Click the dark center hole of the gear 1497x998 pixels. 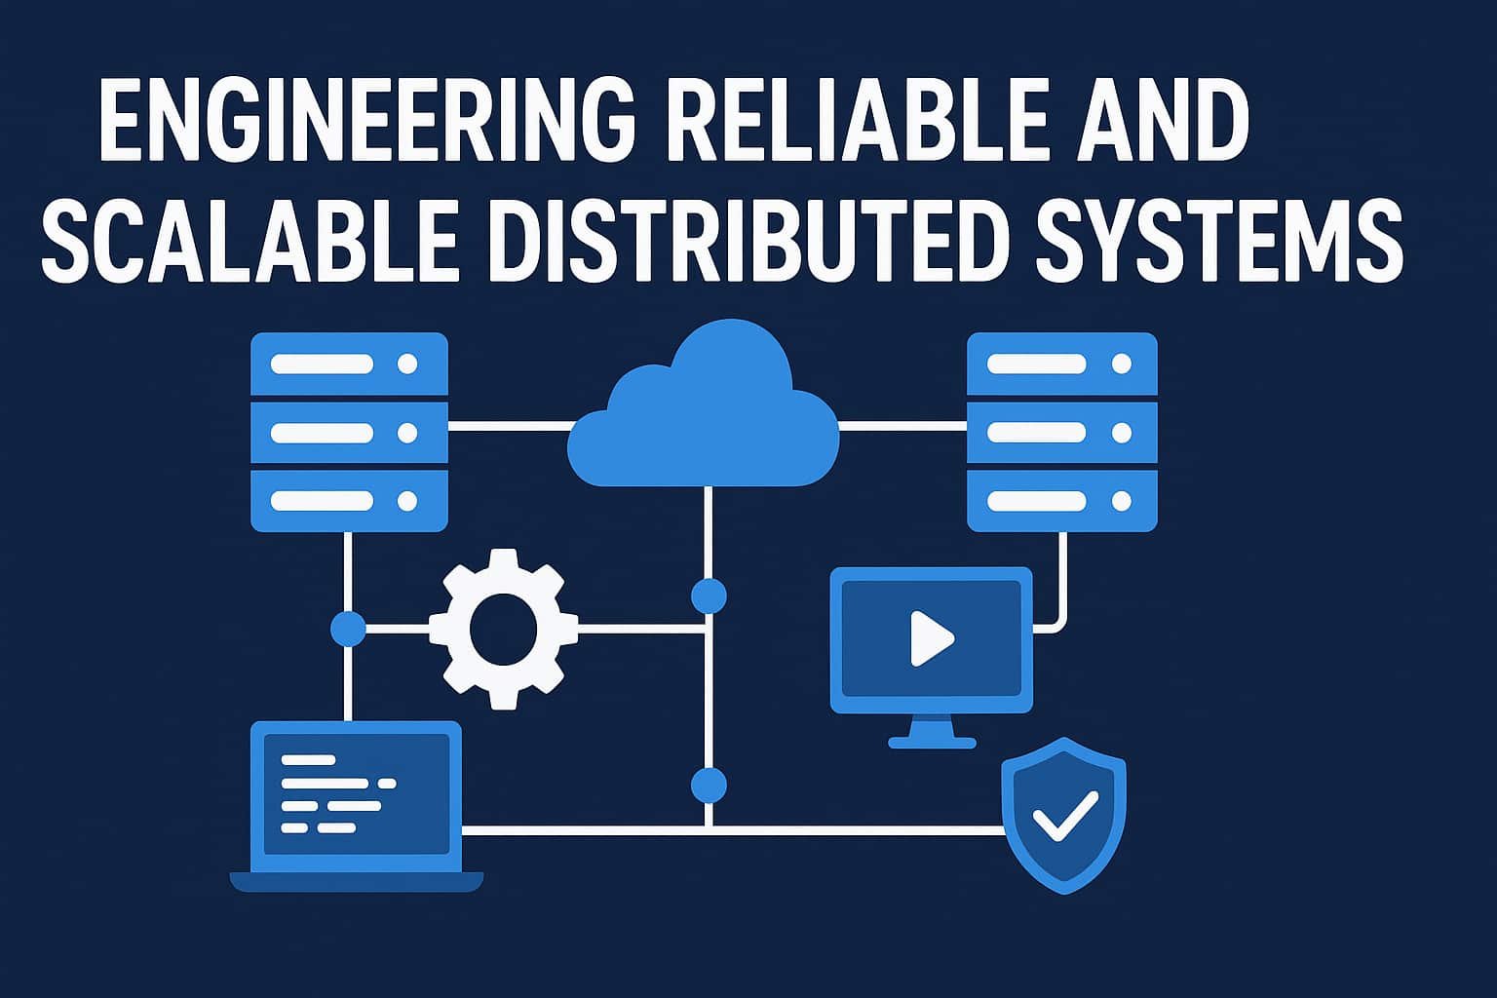coord(503,629)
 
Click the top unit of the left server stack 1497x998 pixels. coord(349,365)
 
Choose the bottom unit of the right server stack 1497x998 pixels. coord(1061,501)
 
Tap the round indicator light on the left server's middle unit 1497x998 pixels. coord(407,433)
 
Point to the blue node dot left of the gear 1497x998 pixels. coord(348,629)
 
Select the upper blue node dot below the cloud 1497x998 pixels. coord(709,595)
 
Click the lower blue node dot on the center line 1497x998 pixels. coord(709,785)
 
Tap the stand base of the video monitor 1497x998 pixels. coord(932,742)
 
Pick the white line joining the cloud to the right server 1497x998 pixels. coord(902,426)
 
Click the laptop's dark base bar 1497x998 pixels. coord(356,882)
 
